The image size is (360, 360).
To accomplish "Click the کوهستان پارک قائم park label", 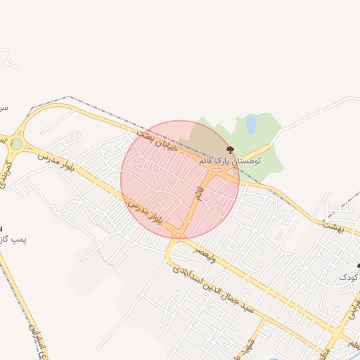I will tap(230, 161).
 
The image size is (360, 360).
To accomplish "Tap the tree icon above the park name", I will tap(230, 150).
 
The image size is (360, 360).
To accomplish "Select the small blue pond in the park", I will tap(251, 124).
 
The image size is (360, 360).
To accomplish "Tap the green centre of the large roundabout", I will tap(15, 144).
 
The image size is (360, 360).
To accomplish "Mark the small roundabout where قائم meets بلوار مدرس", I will tap(179, 235).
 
